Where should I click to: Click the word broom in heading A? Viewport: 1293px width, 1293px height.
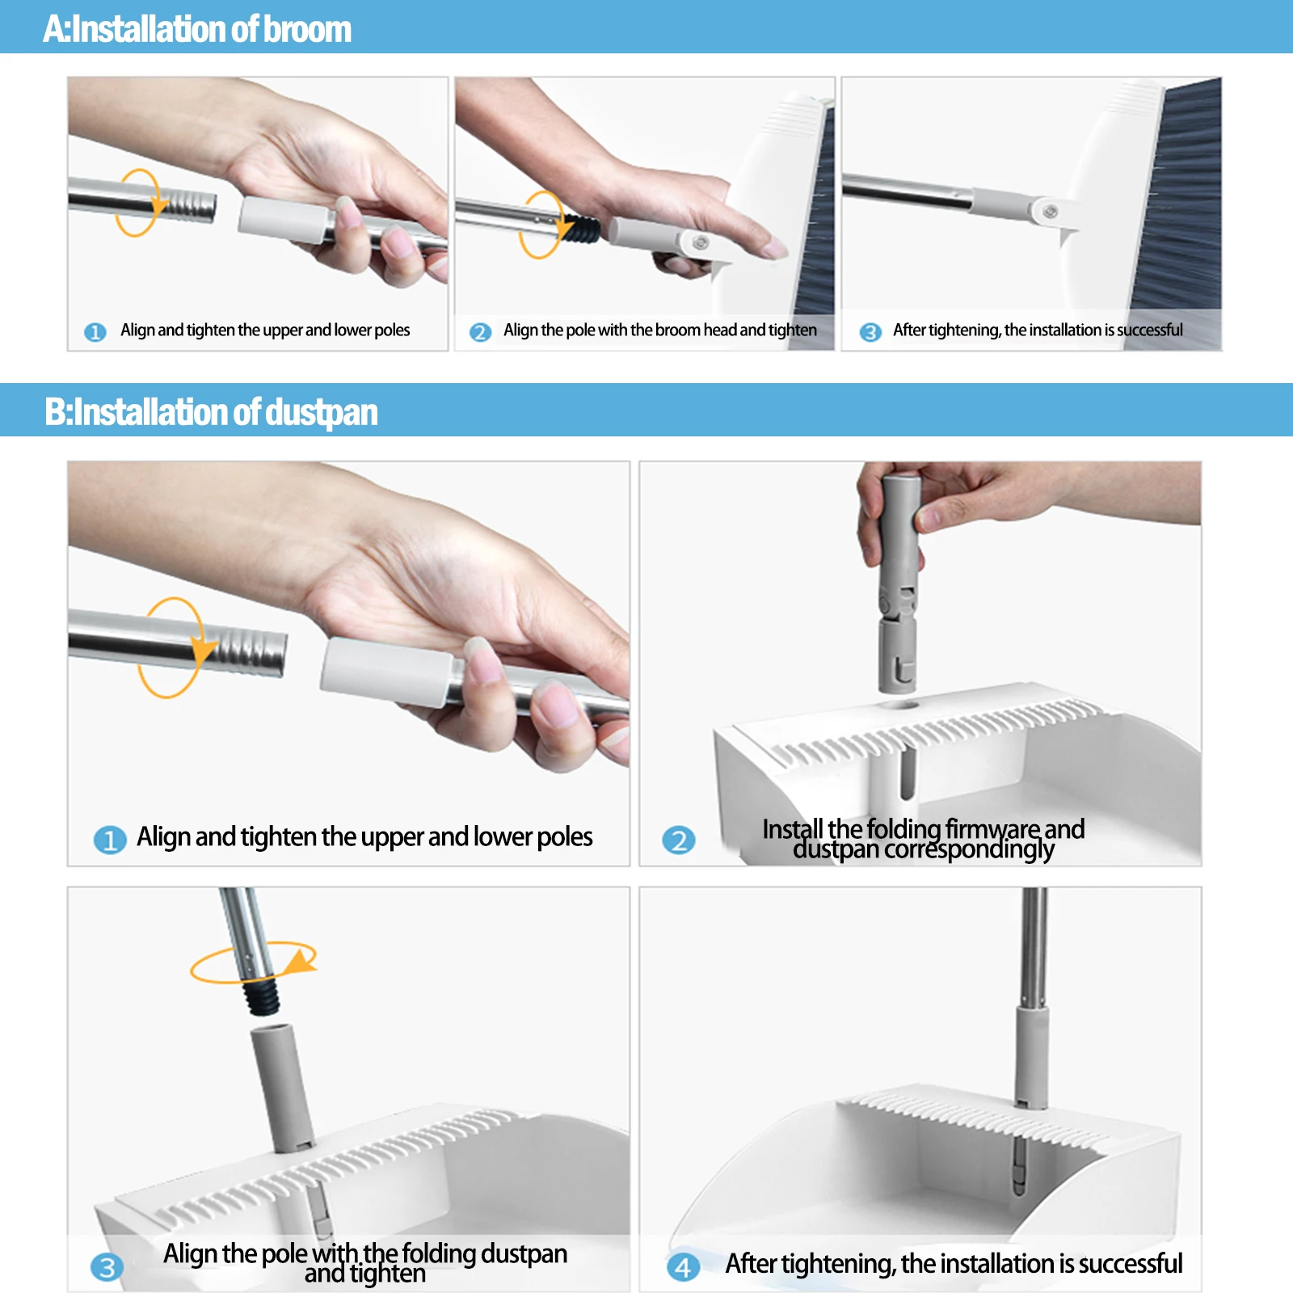307,29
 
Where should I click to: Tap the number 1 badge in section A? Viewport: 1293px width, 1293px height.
95,332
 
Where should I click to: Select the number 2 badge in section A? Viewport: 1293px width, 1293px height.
481,332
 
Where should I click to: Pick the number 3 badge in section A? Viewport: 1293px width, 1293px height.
870,332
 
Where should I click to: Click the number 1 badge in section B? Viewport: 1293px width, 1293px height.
110,840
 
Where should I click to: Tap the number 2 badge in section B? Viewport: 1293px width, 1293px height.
679,840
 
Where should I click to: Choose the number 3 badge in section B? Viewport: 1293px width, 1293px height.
107,1266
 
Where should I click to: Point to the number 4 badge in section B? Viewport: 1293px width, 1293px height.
683,1266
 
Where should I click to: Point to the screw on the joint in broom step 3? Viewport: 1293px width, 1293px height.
1050,212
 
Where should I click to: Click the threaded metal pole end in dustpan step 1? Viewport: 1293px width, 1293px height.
242,649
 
